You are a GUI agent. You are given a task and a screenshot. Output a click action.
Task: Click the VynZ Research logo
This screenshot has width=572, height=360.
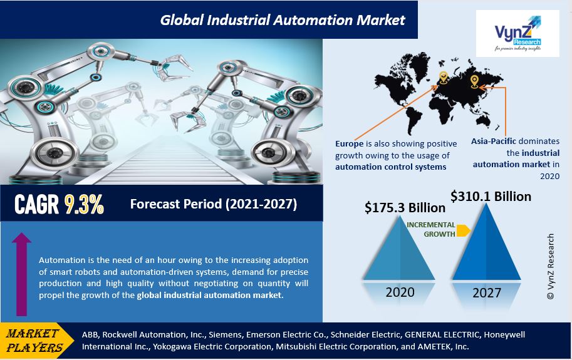[517, 33]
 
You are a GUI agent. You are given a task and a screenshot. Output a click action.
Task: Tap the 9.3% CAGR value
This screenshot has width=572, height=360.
[85, 204]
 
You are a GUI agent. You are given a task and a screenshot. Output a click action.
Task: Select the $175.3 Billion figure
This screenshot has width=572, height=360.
[405, 208]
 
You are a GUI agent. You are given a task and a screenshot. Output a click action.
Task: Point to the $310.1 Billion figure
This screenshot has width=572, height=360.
[491, 197]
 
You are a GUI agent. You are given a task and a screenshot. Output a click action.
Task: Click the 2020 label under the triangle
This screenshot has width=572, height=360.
[400, 292]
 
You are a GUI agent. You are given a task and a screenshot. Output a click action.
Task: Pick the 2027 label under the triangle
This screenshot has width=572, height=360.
[487, 292]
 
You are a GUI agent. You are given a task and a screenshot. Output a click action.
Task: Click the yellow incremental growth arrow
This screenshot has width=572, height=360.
[463, 230]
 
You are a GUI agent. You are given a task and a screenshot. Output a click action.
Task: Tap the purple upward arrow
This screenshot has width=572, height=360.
[21, 274]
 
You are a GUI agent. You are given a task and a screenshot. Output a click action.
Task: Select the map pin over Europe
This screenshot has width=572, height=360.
[443, 77]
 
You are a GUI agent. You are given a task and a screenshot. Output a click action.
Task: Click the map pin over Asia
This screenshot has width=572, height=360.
[474, 81]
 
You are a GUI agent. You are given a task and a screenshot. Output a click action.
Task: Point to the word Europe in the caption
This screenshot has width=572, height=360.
[349, 144]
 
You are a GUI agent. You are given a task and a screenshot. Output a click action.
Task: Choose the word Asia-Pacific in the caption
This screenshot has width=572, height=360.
[494, 141]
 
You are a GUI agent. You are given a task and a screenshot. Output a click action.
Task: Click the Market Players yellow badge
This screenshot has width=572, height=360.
[34, 341]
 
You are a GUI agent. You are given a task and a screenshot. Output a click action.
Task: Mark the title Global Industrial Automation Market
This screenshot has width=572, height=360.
[283, 19]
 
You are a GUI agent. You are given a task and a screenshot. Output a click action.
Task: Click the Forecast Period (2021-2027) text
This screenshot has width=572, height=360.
[214, 204]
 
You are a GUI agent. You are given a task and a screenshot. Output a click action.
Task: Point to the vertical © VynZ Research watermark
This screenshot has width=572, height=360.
[551, 266]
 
